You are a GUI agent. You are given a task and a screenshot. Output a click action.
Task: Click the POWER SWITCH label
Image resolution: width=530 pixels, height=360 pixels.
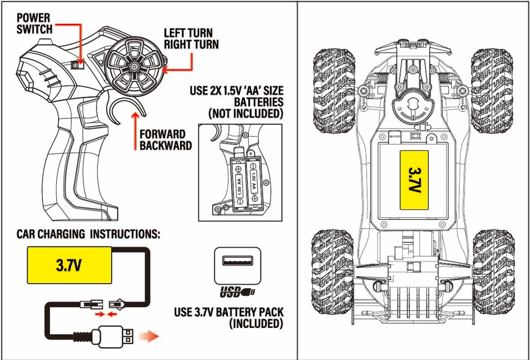pos(34,24)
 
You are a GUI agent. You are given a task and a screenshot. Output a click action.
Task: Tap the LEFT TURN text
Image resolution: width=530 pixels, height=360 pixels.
pos(188,33)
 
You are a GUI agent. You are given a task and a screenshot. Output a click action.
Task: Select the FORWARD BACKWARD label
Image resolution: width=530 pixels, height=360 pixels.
pos(166,140)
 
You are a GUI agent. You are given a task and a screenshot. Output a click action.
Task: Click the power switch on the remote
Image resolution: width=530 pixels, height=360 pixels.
pos(77,64)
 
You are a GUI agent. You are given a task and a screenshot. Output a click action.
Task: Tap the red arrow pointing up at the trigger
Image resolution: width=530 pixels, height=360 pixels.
pos(135,131)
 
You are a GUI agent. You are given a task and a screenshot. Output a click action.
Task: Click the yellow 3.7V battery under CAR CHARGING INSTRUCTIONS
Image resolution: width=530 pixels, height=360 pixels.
pos(69,265)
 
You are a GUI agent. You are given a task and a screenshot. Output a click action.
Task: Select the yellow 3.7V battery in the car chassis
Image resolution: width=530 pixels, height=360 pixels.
pos(414,180)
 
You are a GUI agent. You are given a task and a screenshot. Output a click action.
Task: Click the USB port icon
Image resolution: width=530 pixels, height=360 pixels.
pos(238,266)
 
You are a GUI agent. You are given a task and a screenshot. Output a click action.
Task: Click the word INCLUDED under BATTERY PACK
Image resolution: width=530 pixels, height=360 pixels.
pos(256,324)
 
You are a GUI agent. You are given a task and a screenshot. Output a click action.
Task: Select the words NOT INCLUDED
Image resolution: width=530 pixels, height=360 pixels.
pos(246,113)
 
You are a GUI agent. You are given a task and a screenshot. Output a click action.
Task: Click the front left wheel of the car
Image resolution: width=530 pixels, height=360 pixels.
pos(334,91)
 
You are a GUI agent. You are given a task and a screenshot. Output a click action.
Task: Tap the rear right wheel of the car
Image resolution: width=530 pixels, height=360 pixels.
pos(494,272)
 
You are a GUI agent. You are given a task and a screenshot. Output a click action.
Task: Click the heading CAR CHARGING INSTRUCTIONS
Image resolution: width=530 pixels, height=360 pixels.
pos(88,234)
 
